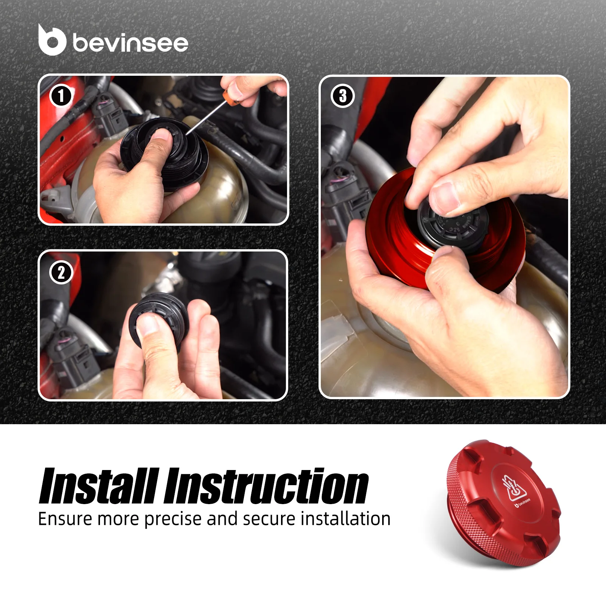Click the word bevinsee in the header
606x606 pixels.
coord(130,42)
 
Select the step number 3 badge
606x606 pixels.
coord(343,96)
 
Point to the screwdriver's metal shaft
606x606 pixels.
coord(205,120)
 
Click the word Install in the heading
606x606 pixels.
coord(98,486)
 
